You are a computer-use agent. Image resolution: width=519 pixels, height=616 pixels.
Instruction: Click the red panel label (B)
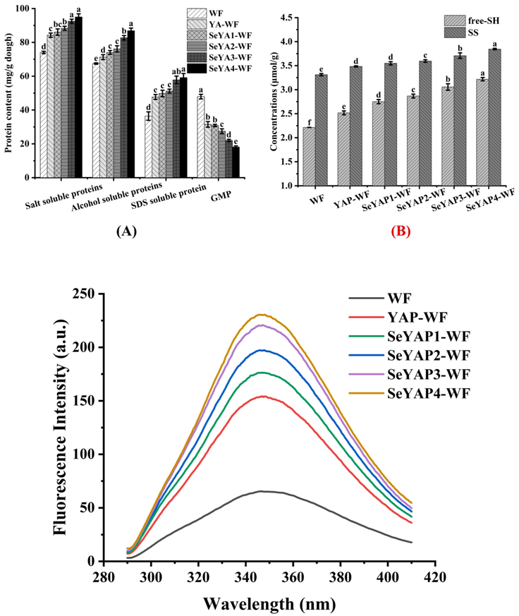click(396, 231)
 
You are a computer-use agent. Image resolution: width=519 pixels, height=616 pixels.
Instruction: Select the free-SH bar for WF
click(309, 157)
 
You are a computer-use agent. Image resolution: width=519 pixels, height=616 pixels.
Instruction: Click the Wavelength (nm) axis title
click(269, 603)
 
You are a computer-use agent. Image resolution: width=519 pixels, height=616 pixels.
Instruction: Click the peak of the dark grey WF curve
click(261, 491)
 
